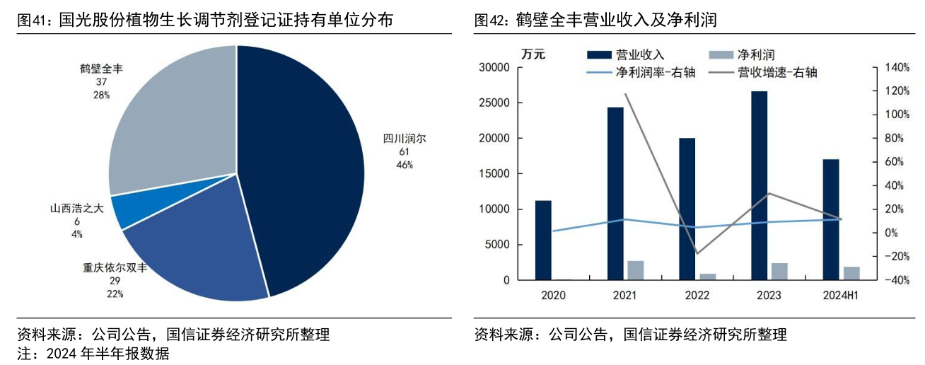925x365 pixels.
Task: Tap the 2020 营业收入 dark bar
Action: pos(543,240)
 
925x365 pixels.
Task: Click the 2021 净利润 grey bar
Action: pos(636,270)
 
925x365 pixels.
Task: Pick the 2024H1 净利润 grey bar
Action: pos(851,273)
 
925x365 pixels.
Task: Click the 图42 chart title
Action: pos(595,21)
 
